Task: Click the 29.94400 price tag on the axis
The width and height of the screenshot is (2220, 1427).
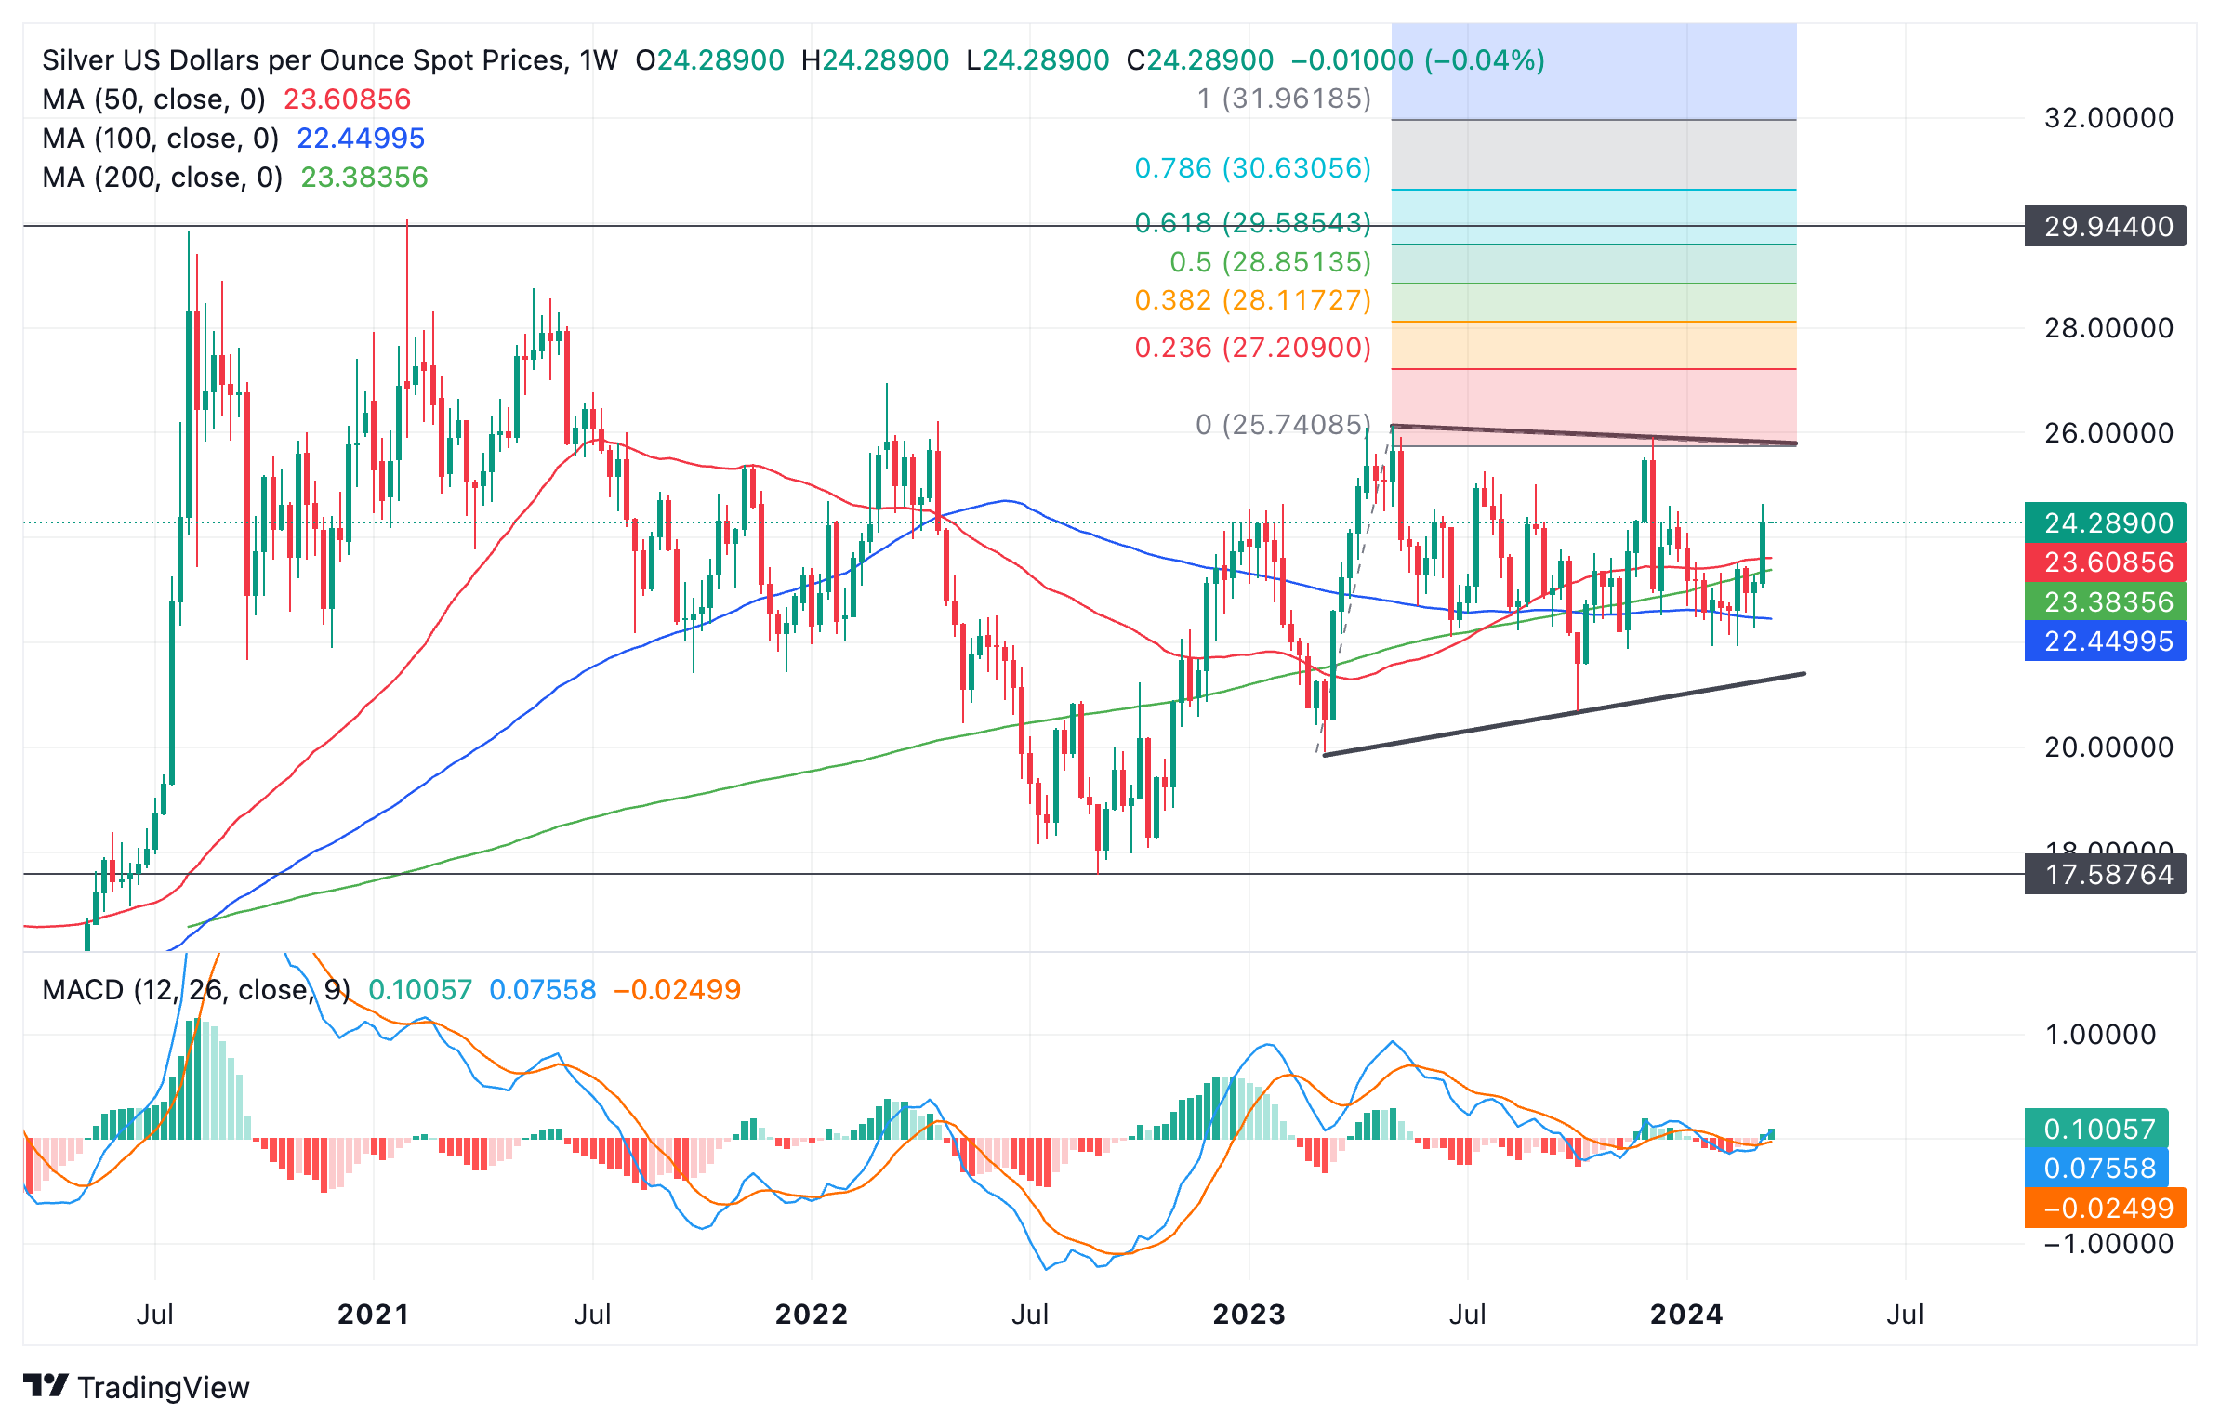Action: (2106, 226)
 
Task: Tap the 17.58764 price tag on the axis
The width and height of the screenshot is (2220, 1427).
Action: (2106, 874)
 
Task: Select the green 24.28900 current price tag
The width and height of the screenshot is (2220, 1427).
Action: (2106, 522)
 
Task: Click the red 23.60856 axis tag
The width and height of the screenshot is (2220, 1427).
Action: (2106, 562)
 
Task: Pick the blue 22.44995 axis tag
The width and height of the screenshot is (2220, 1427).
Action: (2106, 641)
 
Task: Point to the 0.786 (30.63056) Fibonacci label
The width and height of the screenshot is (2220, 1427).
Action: (1252, 168)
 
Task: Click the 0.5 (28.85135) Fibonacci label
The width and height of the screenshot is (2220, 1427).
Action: (1270, 262)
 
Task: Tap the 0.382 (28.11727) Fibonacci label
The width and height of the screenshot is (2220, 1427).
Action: (1252, 300)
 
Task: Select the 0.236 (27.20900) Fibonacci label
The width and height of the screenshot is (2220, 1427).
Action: (1252, 348)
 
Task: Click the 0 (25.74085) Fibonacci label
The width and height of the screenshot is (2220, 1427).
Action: (1283, 425)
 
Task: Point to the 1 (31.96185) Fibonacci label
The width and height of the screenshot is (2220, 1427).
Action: (1284, 99)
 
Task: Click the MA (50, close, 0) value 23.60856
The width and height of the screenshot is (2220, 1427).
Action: (347, 99)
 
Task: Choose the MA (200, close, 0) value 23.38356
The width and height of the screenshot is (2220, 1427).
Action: (363, 178)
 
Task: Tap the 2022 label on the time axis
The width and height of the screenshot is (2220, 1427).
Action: (811, 1314)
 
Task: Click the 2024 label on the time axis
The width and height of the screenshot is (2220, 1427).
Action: (1686, 1314)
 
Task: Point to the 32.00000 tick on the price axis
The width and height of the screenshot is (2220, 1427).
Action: (2108, 118)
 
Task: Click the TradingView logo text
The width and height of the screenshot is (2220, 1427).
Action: (163, 1387)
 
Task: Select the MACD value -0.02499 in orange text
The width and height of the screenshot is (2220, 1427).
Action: (677, 989)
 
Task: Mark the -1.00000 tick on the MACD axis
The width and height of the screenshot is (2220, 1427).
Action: (2108, 1244)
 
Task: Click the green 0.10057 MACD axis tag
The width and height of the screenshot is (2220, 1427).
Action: (2097, 1129)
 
